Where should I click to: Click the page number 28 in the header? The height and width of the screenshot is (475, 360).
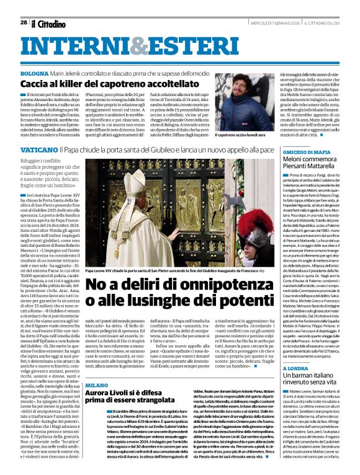pyautogui.click(x=24, y=22)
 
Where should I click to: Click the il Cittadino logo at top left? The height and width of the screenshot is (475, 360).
pyautogui.click(x=48, y=24)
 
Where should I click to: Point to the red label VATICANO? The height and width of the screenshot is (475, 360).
pyautogui.click(x=39, y=150)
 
